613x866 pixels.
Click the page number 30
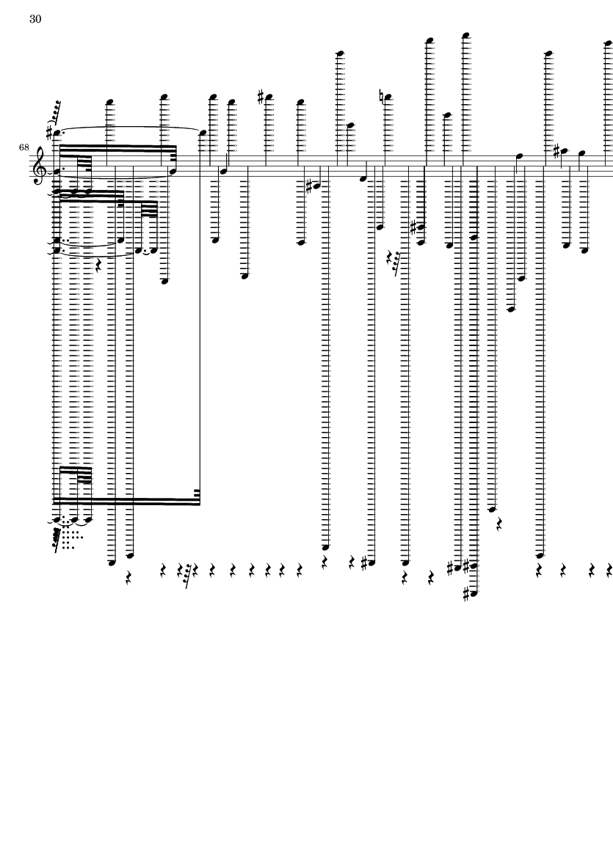[35, 19]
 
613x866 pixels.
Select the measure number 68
[23, 147]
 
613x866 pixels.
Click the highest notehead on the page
[466, 35]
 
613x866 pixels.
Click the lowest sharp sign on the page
[466, 594]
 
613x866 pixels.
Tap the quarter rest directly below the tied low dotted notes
[98, 266]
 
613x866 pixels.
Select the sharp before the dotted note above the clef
[50, 133]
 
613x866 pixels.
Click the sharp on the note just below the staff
[310, 186]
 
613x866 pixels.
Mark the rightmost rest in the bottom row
[609, 570]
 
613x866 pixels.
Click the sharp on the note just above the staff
[557, 150]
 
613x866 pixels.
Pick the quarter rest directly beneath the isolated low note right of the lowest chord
[498, 524]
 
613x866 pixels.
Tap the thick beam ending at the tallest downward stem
[126, 502]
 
